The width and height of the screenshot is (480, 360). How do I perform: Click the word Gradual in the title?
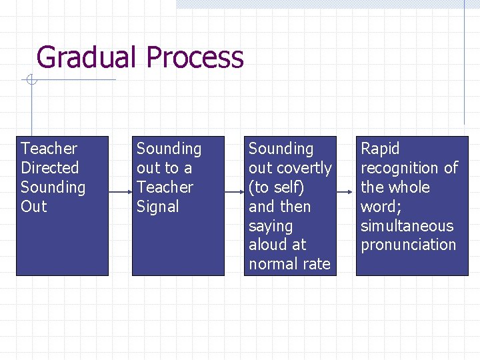87,58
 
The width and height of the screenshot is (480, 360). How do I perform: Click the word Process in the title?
195,58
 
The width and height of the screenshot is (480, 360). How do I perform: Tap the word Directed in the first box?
50,168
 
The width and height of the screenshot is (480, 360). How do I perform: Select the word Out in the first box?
34,207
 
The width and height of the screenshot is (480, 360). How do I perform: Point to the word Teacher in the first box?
49,149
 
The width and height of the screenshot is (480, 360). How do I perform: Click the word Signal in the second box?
158,207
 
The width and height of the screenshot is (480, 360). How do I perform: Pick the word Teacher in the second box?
165,187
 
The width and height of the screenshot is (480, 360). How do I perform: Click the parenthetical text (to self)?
276,187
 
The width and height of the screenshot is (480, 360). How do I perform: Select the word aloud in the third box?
268,245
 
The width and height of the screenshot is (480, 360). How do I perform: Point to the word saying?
271,226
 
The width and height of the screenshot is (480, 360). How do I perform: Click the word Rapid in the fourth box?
380,149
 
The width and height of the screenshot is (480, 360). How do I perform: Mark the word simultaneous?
407,226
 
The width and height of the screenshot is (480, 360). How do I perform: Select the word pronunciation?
408,245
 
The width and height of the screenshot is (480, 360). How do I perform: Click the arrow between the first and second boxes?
120,192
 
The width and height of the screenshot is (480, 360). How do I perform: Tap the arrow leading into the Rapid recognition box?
344,192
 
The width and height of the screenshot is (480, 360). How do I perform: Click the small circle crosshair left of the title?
31,81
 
